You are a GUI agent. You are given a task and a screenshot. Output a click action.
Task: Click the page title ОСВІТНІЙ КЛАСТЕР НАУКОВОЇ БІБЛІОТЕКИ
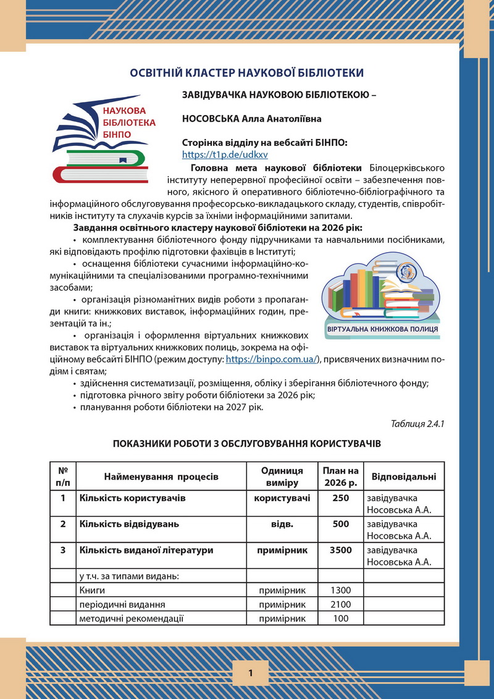tap(246, 73)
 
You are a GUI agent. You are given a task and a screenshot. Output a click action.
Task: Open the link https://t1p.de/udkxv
tap(225, 155)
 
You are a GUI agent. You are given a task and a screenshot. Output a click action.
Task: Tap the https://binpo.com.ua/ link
tap(272, 359)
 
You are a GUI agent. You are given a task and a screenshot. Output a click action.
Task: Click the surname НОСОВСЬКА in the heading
tap(212, 118)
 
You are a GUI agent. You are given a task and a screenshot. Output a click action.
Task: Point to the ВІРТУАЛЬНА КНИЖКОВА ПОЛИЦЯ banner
tap(382, 329)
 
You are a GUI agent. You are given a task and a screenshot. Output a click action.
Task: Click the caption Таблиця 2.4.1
tap(417, 423)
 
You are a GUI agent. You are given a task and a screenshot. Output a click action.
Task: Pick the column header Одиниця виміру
tap(282, 477)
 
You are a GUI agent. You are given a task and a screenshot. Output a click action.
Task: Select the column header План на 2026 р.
tap(340, 477)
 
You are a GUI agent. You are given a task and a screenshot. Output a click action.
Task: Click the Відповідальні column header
tap(403, 477)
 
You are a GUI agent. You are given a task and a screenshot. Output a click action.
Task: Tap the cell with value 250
tap(340, 498)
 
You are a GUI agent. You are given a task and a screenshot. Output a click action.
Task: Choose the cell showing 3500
tap(340, 550)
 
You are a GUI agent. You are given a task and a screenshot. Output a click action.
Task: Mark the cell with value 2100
tap(340, 604)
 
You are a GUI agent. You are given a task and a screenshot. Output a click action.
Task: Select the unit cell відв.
tap(282, 524)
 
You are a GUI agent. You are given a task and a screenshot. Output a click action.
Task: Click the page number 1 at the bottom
tap(251, 673)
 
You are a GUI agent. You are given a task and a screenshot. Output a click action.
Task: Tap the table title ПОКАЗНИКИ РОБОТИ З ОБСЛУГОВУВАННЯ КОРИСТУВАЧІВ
tap(246, 444)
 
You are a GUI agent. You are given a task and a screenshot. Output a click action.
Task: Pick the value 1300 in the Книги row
tap(340, 590)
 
